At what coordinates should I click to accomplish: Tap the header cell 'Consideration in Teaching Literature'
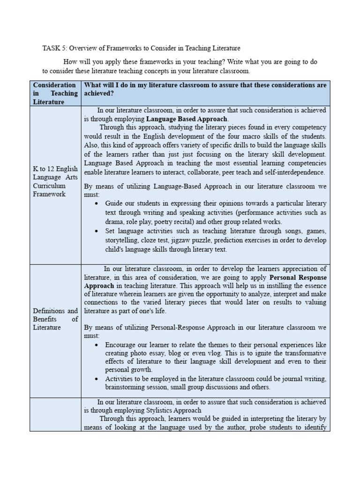pyautogui.click(x=55, y=93)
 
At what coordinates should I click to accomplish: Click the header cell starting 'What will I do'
pyautogui.click(x=205, y=89)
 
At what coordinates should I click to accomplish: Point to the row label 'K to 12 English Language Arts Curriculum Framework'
pyautogui.click(x=55, y=181)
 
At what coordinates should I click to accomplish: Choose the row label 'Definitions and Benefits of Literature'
pyautogui.click(x=55, y=319)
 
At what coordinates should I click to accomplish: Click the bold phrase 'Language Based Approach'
pyautogui.click(x=187, y=119)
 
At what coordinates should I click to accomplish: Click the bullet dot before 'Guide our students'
pyautogui.click(x=96, y=204)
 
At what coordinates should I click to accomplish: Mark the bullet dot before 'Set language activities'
pyautogui.click(x=96, y=232)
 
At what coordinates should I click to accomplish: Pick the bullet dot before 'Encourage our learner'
pyautogui.click(x=96, y=345)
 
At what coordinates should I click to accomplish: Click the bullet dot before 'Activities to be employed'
pyautogui.click(x=96, y=379)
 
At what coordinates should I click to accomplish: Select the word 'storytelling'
pyautogui.click(x=121, y=240)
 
